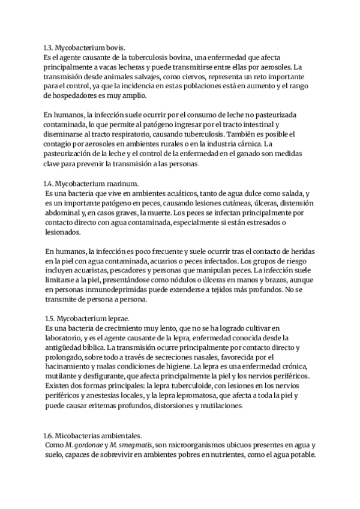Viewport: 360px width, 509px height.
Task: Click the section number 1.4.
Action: [50, 184]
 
